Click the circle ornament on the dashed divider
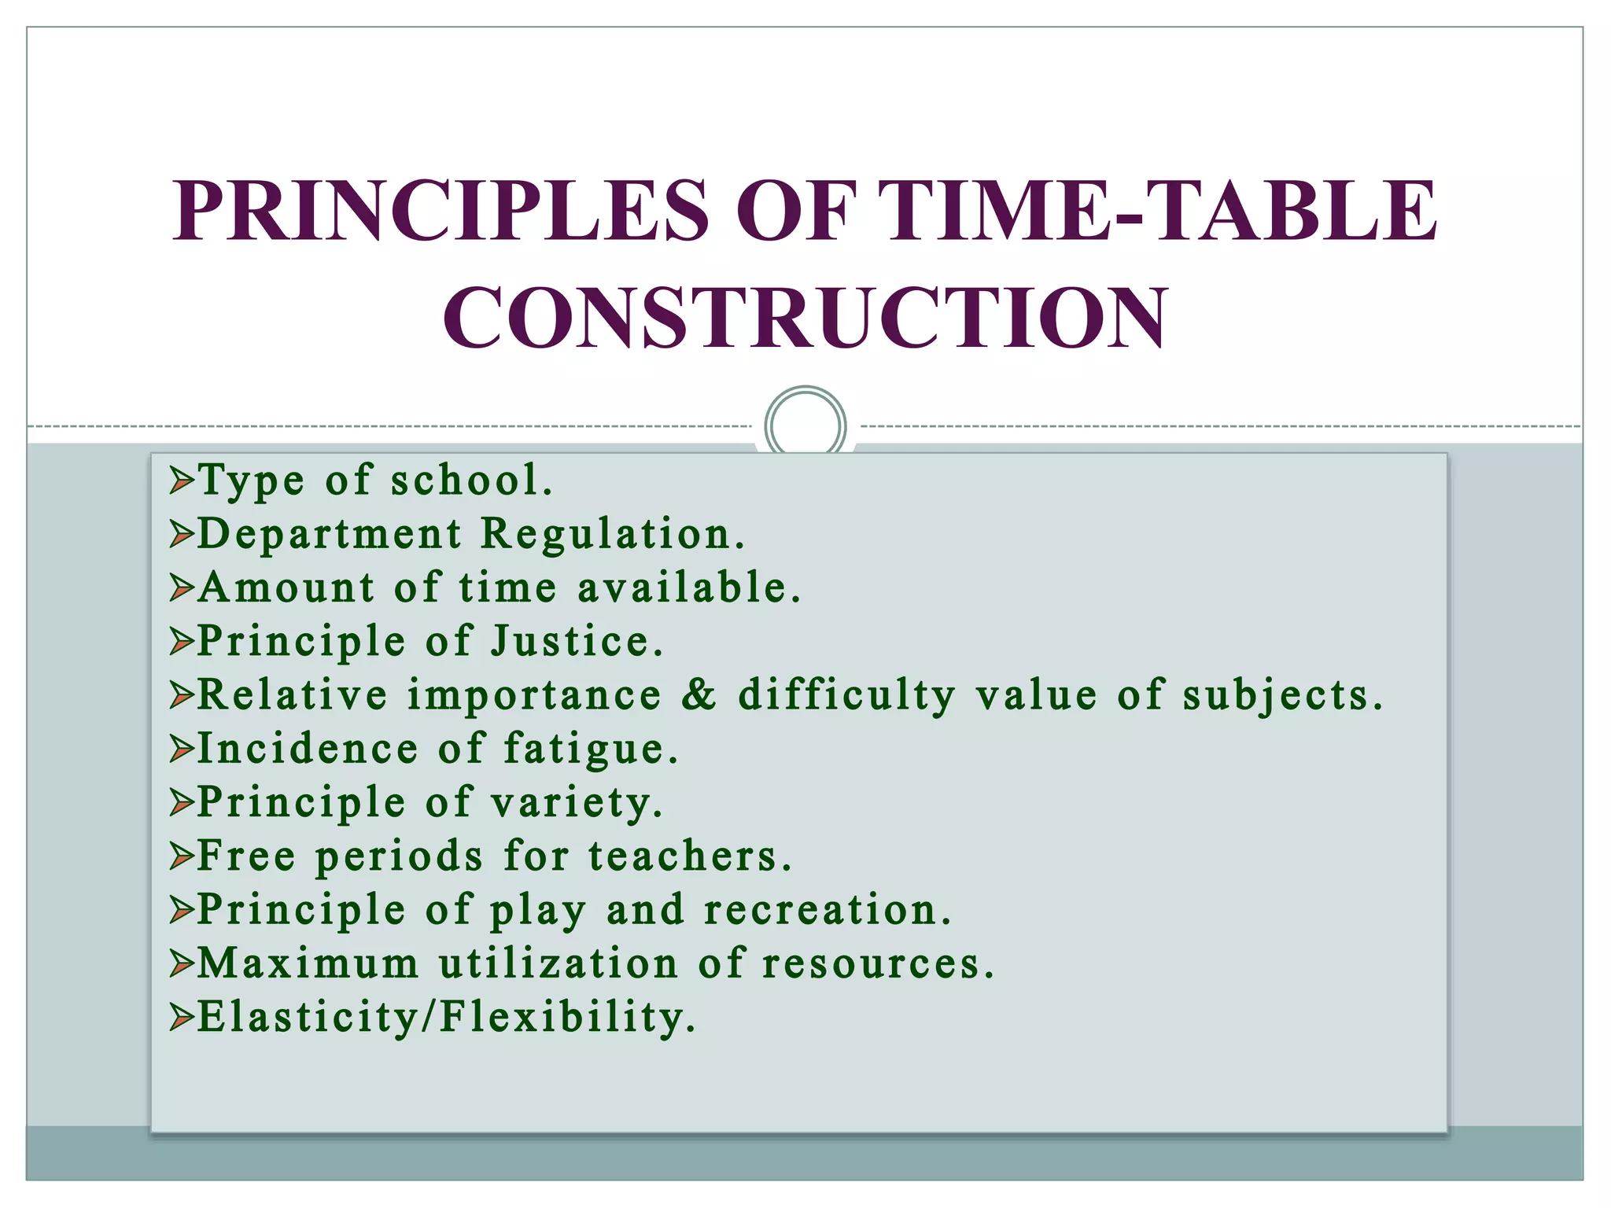(805, 425)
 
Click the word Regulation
(612, 534)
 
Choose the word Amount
(286, 587)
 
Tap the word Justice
(577, 641)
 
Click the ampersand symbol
(699, 694)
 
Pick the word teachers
(689, 856)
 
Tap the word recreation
(827, 910)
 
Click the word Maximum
(308, 963)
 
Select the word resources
(878, 963)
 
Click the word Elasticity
(308, 1017)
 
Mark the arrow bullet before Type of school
(181, 481)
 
